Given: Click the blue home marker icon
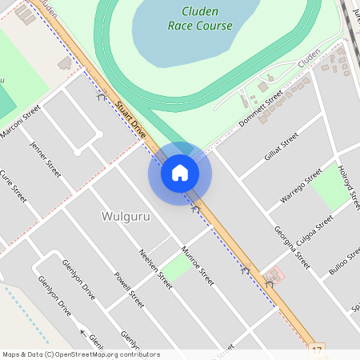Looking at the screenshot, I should [179, 173].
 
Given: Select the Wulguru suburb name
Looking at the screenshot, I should [126, 216].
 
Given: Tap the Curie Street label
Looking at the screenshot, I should [13, 186].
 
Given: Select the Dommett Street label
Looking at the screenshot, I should [262, 109].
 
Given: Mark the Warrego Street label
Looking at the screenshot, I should [300, 185].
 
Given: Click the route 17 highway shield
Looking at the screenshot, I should [318, 351].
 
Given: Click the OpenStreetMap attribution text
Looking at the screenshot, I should [81, 354].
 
